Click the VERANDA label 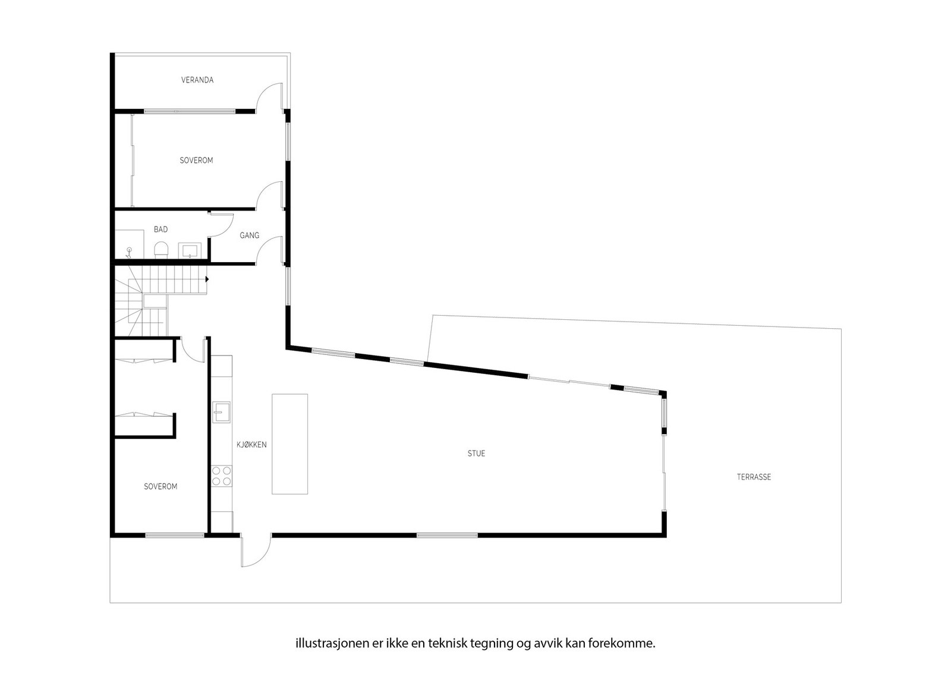pyautogui.click(x=197, y=80)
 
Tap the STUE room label pyautogui.click(x=476, y=454)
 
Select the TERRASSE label pyautogui.click(x=754, y=477)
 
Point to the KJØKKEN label pyautogui.click(x=251, y=445)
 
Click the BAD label pyautogui.click(x=160, y=229)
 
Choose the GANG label pyautogui.click(x=250, y=235)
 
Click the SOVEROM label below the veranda pyautogui.click(x=196, y=161)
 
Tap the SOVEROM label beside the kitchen pyautogui.click(x=160, y=486)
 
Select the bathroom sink pyautogui.click(x=190, y=250)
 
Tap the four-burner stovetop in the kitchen pyautogui.click(x=222, y=475)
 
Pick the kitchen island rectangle pyautogui.click(x=290, y=444)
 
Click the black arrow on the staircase pyautogui.click(x=207, y=279)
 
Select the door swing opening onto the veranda pyautogui.click(x=269, y=97)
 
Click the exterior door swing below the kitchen pyautogui.click(x=256, y=551)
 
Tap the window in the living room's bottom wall pyautogui.click(x=447, y=535)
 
